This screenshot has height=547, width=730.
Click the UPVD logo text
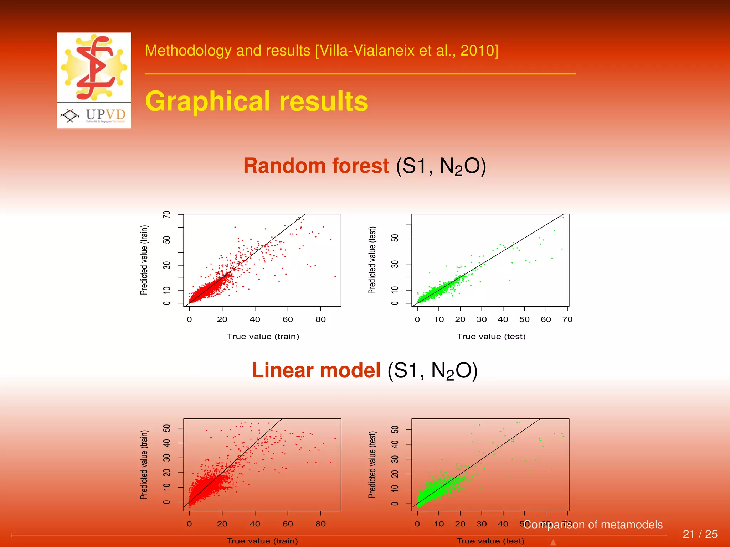pos(106,115)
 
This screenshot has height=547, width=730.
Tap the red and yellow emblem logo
pos(94,67)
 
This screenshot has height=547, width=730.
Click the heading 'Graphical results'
pos(257,101)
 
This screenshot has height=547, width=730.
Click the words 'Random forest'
pos(316,166)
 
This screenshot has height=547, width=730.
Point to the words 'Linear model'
pos(316,370)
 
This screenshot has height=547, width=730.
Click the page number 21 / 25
pos(700,534)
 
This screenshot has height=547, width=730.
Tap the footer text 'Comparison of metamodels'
pos(593,525)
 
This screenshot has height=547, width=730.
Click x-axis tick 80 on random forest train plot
pos(320,319)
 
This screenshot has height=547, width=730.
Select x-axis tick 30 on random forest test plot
pos(482,319)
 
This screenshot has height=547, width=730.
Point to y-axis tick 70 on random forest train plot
pos(167,214)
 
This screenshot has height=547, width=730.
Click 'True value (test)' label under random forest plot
pos(491,337)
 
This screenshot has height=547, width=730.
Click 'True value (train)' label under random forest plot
pos(263,337)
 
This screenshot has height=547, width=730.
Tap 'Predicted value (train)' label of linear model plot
pos(144,465)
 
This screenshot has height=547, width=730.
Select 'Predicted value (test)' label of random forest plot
pos(372,260)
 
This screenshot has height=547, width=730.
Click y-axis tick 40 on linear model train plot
pos(167,443)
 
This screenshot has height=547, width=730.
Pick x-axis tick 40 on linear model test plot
pos(503,524)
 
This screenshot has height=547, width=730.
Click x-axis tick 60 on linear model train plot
pos(288,524)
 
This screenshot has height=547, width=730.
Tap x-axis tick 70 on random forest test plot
pos(567,319)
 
